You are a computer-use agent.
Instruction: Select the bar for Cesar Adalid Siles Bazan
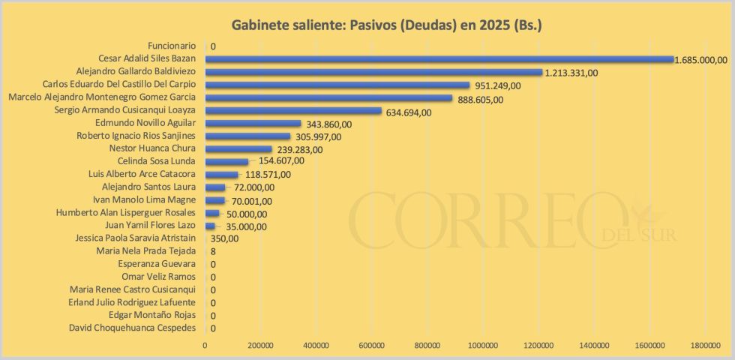(x=439, y=59)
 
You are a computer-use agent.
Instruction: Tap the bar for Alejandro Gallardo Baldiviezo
(x=373, y=72)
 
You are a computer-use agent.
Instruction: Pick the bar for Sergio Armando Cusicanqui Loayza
(x=293, y=111)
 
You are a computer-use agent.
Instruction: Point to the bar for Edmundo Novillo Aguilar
(x=253, y=123)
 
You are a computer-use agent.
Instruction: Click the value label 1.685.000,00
(x=700, y=60)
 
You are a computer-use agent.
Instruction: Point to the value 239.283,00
(x=298, y=149)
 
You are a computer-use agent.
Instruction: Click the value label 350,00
(x=224, y=238)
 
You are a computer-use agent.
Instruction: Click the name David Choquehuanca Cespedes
(x=132, y=328)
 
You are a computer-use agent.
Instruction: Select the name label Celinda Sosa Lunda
(x=157, y=161)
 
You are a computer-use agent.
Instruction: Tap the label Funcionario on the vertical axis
(x=172, y=46)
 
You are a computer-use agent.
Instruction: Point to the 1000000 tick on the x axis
(x=482, y=345)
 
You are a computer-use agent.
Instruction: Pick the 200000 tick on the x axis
(x=260, y=345)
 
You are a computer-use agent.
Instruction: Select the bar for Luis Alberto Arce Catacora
(x=221, y=175)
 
